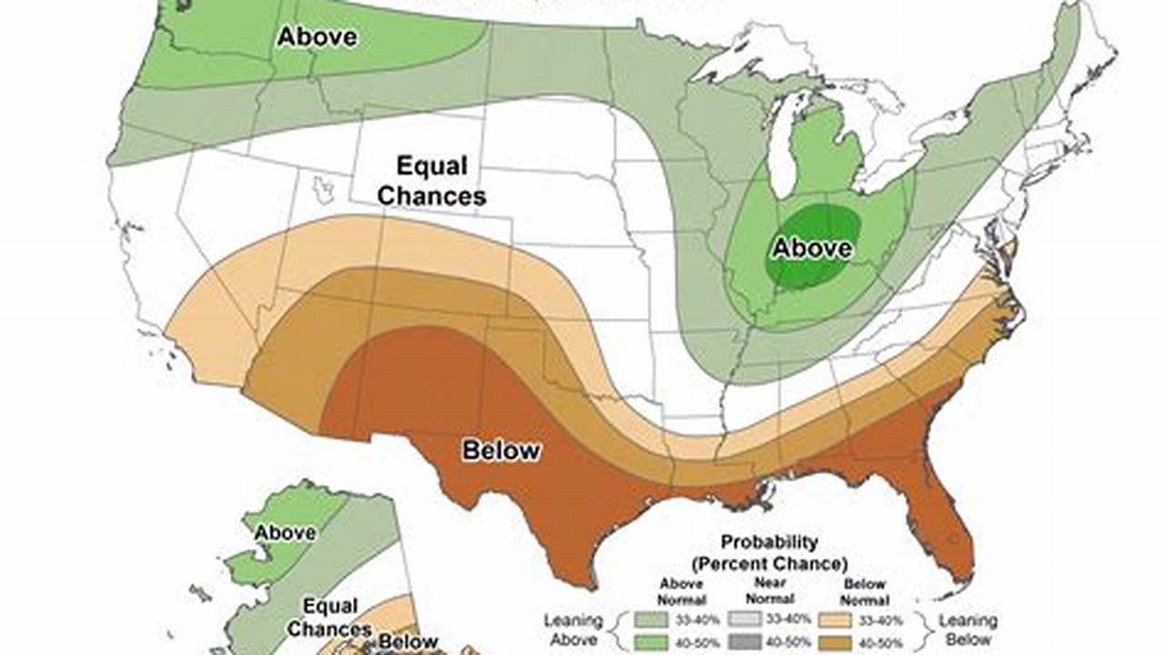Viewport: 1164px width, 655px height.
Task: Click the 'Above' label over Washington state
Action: point(317,37)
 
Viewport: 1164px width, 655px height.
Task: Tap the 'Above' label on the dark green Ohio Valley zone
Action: point(812,247)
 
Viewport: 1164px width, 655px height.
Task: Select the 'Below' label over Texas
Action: point(501,449)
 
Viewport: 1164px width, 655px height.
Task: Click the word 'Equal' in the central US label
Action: point(431,166)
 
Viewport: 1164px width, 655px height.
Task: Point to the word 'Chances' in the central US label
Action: point(431,195)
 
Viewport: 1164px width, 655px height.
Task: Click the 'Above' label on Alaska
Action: point(285,532)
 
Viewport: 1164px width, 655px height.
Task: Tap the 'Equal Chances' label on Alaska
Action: point(329,617)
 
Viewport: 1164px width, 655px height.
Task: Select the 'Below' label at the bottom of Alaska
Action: point(408,641)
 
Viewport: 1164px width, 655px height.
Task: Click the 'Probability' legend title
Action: point(769,542)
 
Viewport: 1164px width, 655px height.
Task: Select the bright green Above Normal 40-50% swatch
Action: point(650,643)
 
